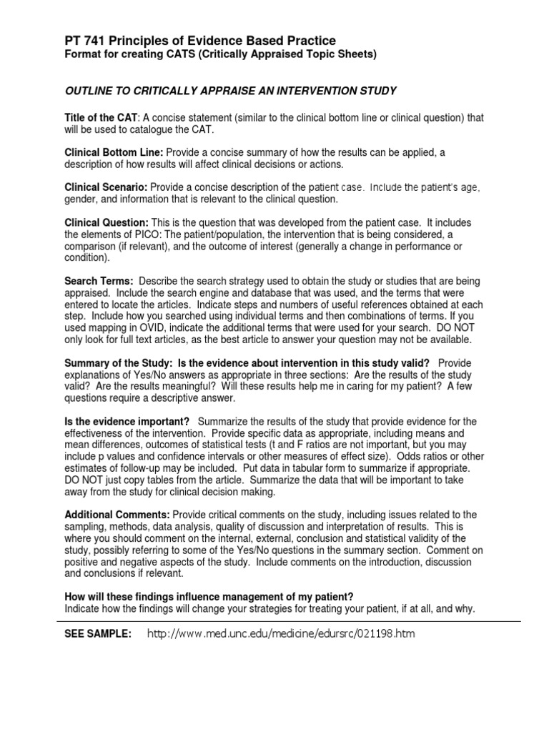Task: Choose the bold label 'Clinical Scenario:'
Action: (107, 187)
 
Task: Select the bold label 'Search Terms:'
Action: (99, 281)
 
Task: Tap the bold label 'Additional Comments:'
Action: (117, 515)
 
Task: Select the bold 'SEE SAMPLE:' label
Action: (98, 633)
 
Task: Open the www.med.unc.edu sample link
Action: (281, 633)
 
